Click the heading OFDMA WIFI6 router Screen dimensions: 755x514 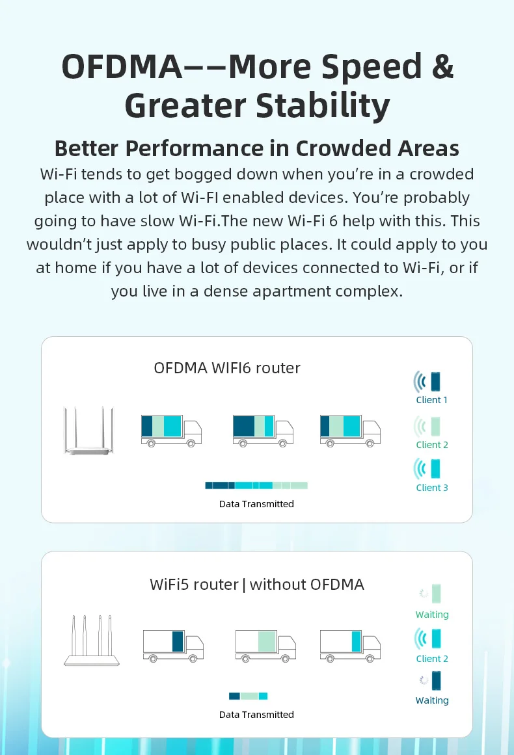click(227, 368)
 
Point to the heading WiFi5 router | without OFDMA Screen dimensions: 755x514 click(256, 585)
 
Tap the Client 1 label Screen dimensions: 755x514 click(432, 400)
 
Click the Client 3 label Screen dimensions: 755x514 click(432, 488)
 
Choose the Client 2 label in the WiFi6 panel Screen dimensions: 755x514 click(432, 445)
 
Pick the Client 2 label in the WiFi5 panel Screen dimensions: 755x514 click(432, 659)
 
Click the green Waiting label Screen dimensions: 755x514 click(432, 615)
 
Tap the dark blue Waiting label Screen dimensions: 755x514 click(432, 700)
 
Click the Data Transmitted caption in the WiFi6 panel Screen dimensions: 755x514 click(256, 504)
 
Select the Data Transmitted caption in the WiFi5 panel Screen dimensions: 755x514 click(256, 715)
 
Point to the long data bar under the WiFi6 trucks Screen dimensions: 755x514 click(256, 485)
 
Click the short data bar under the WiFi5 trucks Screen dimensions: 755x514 click(248, 696)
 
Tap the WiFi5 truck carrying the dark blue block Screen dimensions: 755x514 click(172, 645)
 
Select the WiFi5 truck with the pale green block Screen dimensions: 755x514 click(265, 645)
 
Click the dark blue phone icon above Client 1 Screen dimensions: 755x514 click(435, 381)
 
